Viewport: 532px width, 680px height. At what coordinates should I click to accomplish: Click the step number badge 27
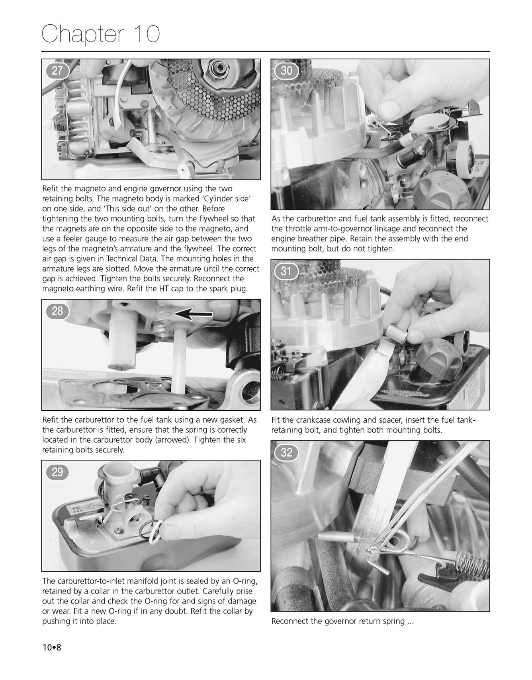coord(57,71)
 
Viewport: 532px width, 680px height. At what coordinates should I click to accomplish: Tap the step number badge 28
coord(57,311)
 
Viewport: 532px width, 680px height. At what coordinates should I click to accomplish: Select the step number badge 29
coord(57,472)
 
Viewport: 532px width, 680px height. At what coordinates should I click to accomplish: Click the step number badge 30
coord(287,71)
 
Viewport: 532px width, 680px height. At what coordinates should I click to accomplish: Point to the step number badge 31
coord(287,271)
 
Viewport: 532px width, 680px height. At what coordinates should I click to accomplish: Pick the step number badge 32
coord(287,452)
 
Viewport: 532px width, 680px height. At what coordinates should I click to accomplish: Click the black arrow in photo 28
coord(194,315)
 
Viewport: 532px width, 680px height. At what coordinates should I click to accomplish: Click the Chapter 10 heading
coord(101,34)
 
